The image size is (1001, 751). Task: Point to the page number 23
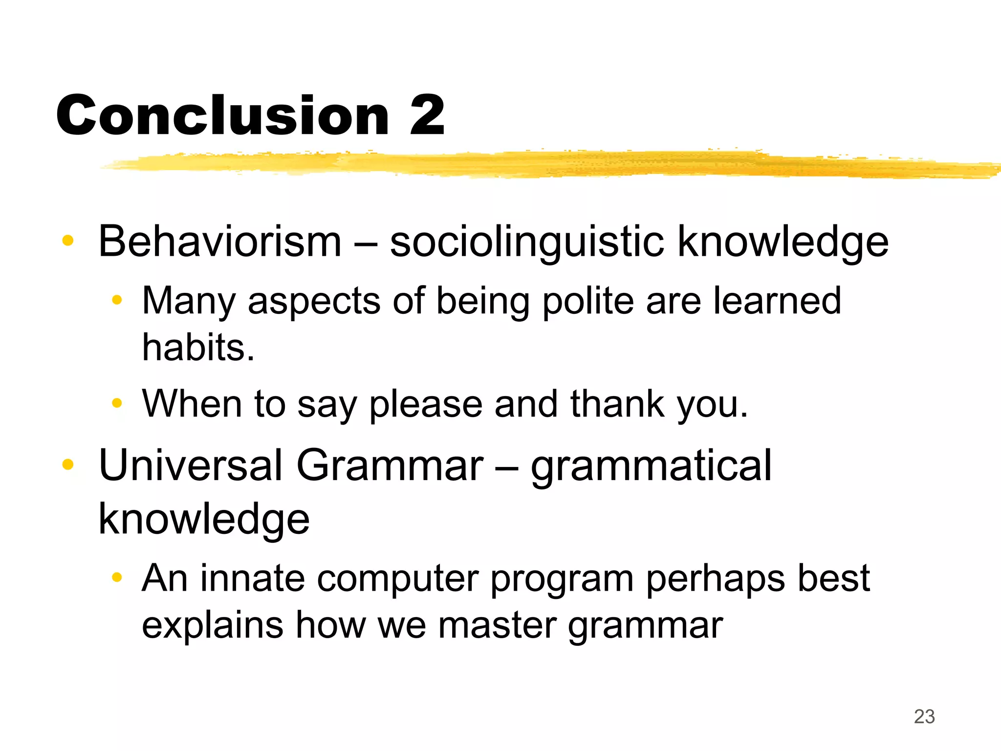click(x=924, y=717)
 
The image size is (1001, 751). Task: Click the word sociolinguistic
click(x=527, y=242)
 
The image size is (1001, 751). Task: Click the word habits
click(x=198, y=347)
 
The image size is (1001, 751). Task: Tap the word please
click(x=426, y=405)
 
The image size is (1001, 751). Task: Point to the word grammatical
click(x=651, y=466)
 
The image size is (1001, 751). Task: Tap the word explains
click(x=213, y=626)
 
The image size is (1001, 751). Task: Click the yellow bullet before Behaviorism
click(x=68, y=241)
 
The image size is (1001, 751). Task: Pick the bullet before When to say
click(x=116, y=403)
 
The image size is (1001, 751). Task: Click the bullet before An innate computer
click(x=116, y=577)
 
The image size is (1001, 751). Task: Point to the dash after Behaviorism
click(x=366, y=242)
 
